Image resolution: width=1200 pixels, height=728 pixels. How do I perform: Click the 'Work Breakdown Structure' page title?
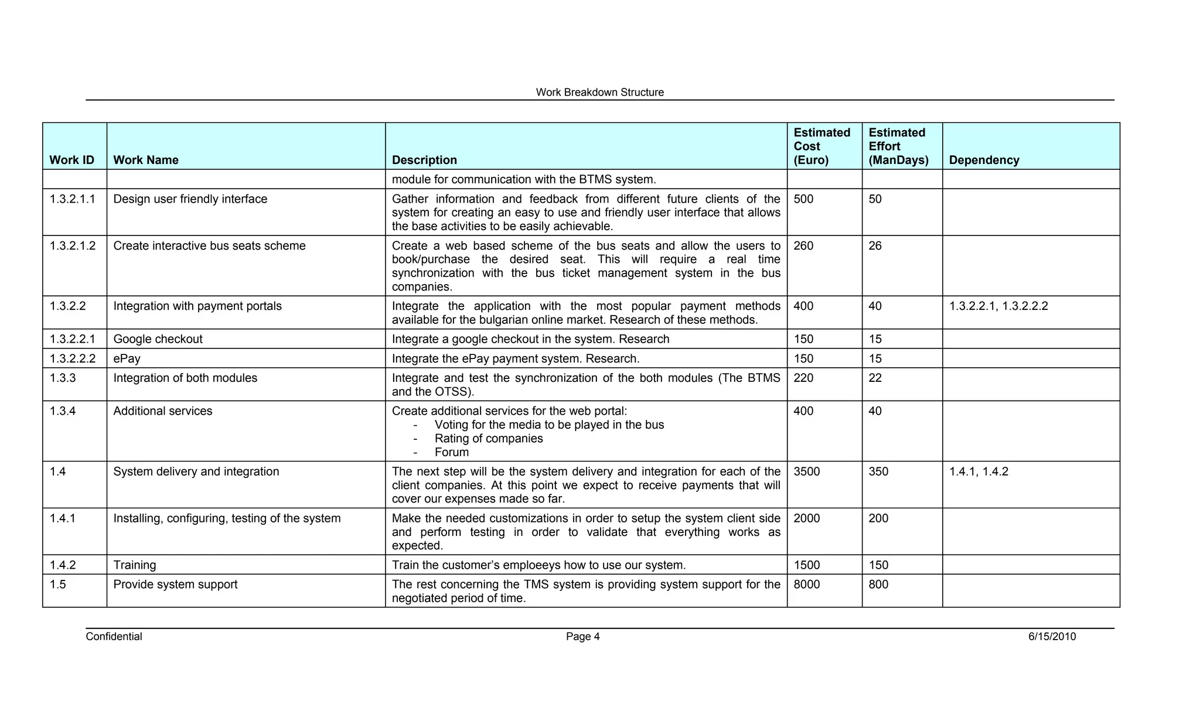point(599,93)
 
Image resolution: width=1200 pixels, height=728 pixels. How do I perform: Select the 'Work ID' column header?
point(71,160)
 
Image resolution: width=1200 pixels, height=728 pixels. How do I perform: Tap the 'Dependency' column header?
point(984,160)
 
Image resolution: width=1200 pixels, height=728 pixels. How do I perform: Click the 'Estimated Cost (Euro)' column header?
point(821,146)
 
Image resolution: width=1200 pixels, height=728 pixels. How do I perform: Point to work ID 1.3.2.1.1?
point(73,199)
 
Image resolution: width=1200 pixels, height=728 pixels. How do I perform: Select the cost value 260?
point(803,246)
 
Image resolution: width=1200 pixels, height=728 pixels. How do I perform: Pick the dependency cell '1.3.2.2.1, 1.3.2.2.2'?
point(998,306)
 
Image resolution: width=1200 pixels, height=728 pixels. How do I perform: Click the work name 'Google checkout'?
point(158,339)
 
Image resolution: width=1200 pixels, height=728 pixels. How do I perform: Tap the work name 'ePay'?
point(127,358)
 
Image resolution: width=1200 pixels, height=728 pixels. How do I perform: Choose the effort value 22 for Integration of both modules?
point(875,378)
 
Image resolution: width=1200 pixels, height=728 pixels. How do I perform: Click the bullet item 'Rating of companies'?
point(489,439)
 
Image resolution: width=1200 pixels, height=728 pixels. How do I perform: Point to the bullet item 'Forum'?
point(452,452)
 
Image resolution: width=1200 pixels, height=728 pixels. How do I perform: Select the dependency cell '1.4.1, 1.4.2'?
point(979,472)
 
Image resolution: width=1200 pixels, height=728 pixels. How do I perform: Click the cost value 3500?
point(807,472)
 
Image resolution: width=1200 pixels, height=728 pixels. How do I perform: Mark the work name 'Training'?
point(135,565)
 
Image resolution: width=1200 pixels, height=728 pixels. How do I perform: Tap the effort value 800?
point(878,585)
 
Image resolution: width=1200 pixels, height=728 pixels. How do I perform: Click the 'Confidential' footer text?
point(114,637)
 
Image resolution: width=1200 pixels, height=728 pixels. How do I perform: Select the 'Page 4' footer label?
point(582,637)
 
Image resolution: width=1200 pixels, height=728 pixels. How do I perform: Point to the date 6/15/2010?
point(1052,637)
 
